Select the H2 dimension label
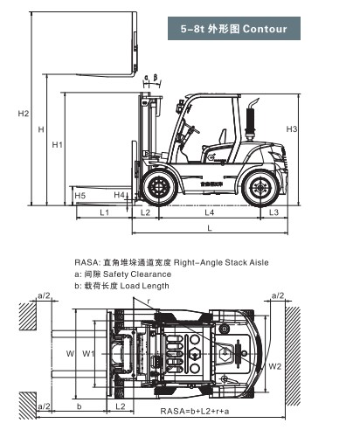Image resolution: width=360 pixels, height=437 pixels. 24,114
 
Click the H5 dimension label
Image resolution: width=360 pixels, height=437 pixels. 80,195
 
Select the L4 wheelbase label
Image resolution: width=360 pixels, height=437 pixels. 210,212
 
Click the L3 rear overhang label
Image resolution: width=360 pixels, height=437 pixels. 273,212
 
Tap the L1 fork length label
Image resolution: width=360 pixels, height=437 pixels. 103,212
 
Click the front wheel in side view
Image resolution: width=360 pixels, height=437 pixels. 159,187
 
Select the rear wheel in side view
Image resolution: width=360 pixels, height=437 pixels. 260,187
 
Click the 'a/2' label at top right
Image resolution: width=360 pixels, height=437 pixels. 278,296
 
